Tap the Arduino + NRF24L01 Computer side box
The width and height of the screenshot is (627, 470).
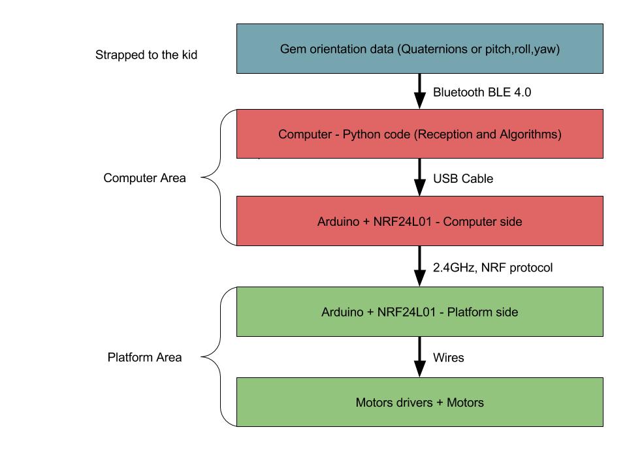[x=419, y=221]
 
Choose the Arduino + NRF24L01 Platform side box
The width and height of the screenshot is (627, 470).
[x=419, y=312]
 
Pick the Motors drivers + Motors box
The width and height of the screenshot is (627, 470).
[x=419, y=402]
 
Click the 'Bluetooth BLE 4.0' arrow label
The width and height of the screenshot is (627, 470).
[x=482, y=92]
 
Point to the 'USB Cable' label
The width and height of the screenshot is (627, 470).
[x=463, y=178]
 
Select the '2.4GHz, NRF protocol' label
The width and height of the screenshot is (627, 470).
[x=492, y=267]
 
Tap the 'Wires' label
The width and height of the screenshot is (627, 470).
[x=449, y=358]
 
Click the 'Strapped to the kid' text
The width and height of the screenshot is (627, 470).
[x=146, y=55]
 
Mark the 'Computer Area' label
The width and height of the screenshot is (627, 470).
[x=144, y=178]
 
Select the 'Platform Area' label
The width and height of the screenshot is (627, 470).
[x=144, y=357]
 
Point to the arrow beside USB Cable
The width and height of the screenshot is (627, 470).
[x=420, y=177]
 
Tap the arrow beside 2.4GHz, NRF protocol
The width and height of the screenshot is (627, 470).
[x=420, y=266]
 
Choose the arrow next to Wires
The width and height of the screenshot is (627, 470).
[x=420, y=357]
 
